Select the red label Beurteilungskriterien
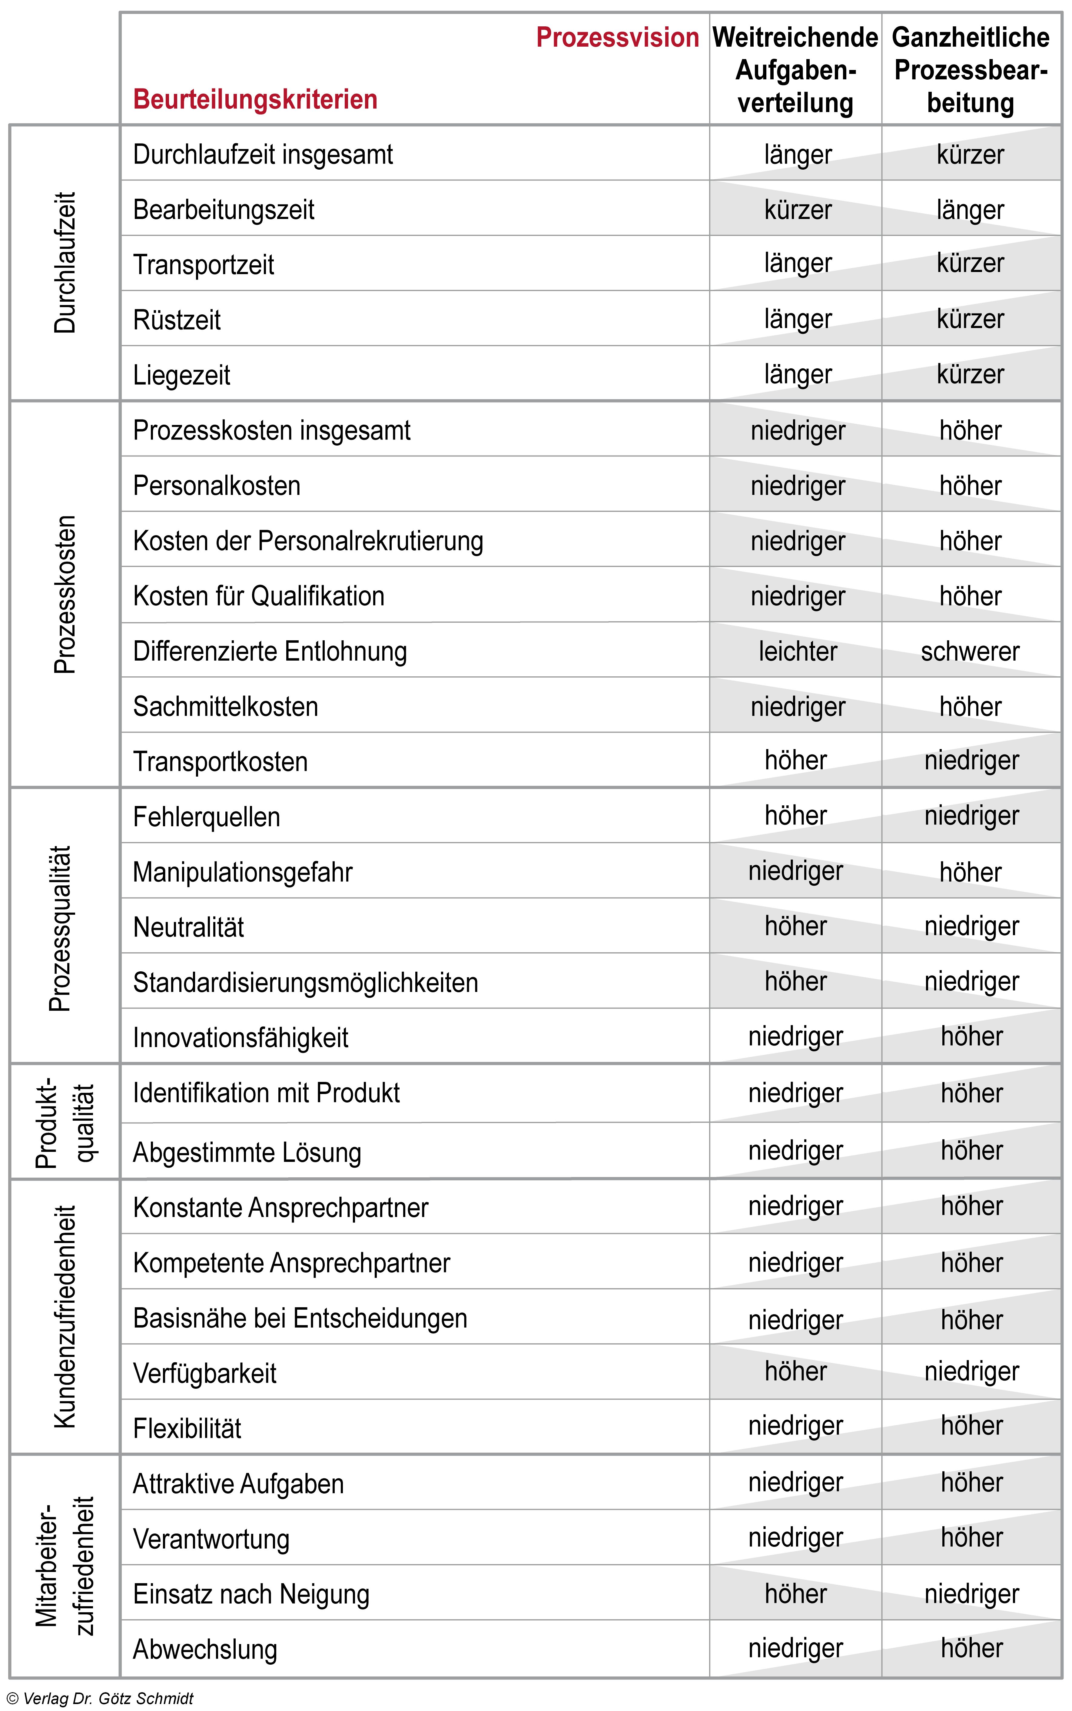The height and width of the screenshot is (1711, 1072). coord(255,99)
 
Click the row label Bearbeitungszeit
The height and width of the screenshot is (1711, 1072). coord(223,210)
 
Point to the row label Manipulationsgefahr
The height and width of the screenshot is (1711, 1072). coord(242,872)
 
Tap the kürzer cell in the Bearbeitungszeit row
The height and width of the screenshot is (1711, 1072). coord(798,210)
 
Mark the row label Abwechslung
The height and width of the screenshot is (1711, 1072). coord(205,1649)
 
